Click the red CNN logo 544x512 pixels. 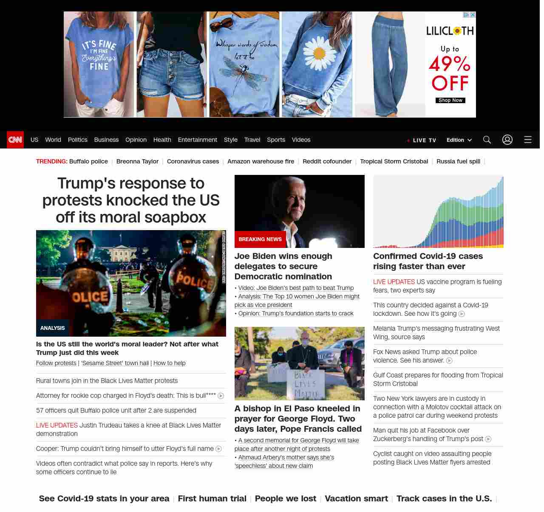[x=15, y=140]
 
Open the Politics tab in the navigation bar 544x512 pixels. [x=77, y=140]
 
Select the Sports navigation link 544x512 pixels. [x=276, y=140]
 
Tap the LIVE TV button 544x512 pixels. [x=422, y=140]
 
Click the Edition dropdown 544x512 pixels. [x=459, y=140]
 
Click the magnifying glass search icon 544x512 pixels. [x=487, y=140]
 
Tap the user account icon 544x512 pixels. [x=507, y=140]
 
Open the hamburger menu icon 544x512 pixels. [x=528, y=140]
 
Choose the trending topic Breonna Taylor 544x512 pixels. [x=137, y=161]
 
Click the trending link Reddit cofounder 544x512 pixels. [x=327, y=161]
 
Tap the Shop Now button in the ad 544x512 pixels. [x=450, y=100]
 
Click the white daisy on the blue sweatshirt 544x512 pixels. [x=319, y=53]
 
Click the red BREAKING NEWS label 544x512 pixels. [x=260, y=239]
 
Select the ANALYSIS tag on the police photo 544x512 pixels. [x=53, y=328]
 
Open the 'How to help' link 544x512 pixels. [x=170, y=363]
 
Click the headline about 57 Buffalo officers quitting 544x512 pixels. [x=116, y=411]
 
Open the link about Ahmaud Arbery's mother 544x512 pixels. [x=284, y=461]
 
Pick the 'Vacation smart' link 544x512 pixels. [x=356, y=498]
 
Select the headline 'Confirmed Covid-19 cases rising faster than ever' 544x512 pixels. [x=428, y=261]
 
